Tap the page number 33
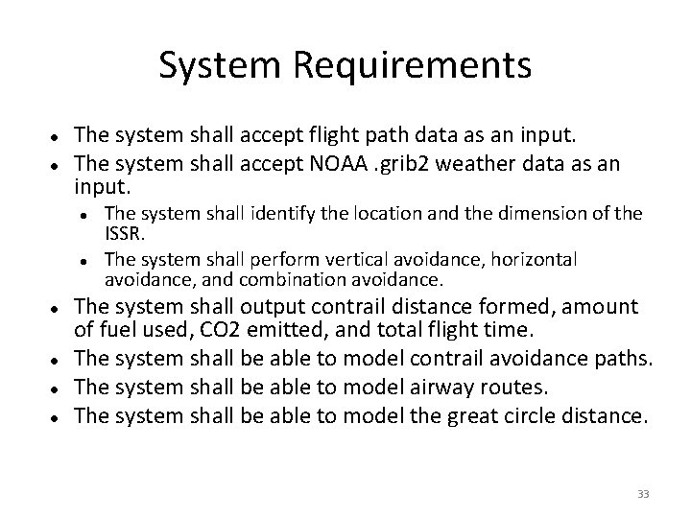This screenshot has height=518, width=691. point(643,494)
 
